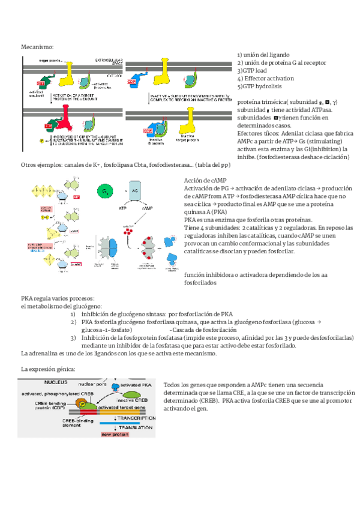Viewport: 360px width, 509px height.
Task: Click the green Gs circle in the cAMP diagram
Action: [x=106, y=190]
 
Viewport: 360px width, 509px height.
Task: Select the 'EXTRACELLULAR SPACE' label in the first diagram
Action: [x=107, y=61]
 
